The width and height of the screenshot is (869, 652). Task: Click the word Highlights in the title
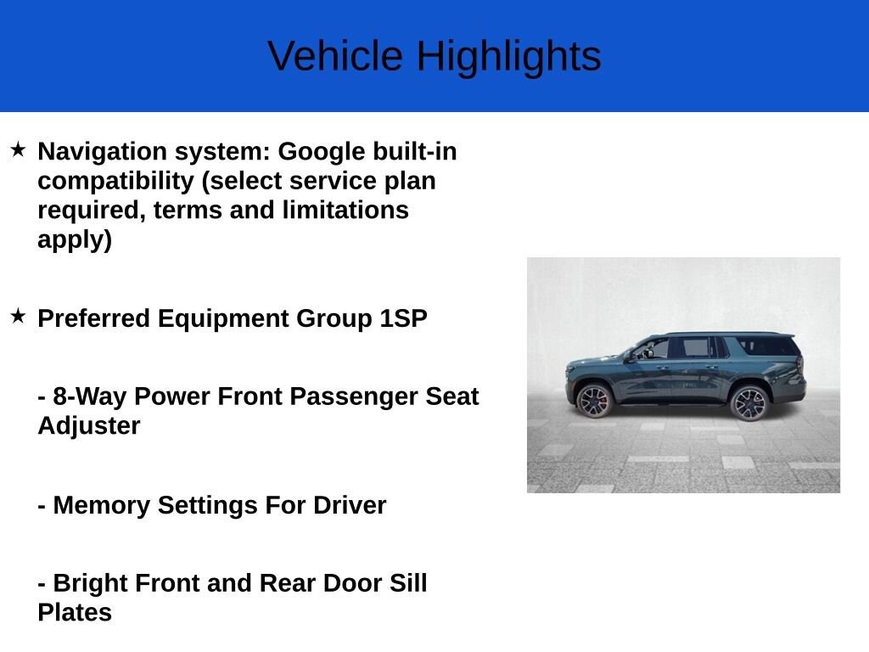(508, 58)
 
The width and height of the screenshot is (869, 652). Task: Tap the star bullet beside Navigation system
(18, 150)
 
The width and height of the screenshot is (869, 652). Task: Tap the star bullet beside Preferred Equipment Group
(18, 317)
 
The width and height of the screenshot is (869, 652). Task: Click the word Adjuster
(89, 425)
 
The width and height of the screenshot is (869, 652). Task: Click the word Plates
(75, 612)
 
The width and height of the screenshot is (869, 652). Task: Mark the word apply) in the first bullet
(75, 239)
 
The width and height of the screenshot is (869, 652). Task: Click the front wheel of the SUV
(594, 401)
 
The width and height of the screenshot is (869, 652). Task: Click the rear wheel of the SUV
(748, 402)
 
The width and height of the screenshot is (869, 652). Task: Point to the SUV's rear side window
(767, 346)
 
